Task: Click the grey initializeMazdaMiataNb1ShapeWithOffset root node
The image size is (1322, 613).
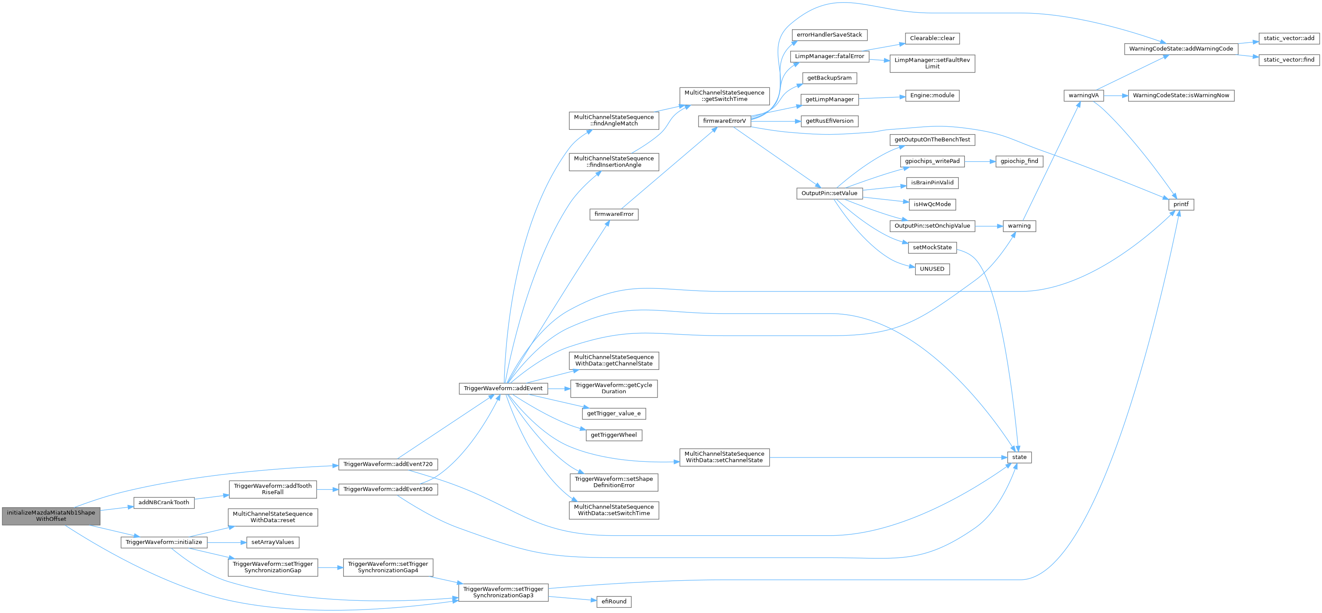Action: [x=51, y=516]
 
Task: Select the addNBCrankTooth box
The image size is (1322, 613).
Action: [x=164, y=502]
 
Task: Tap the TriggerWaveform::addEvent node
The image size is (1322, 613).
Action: [x=503, y=388]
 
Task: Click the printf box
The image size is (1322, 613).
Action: [x=1181, y=204]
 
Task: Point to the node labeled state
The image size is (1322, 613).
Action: [x=1019, y=457]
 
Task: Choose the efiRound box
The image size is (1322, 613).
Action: [x=614, y=601]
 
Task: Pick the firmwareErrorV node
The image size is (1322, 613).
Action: [x=724, y=121]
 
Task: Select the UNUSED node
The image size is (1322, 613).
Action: [x=932, y=269]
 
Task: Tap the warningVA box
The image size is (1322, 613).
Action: [x=1083, y=96]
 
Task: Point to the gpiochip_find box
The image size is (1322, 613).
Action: [x=1019, y=161]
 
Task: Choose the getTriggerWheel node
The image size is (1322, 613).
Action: [x=614, y=435]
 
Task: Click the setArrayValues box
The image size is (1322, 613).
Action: [x=272, y=542]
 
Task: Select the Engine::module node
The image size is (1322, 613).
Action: [x=932, y=96]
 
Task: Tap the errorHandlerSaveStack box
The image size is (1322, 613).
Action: [x=830, y=35]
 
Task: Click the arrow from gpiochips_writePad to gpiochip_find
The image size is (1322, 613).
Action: [x=980, y=161]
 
